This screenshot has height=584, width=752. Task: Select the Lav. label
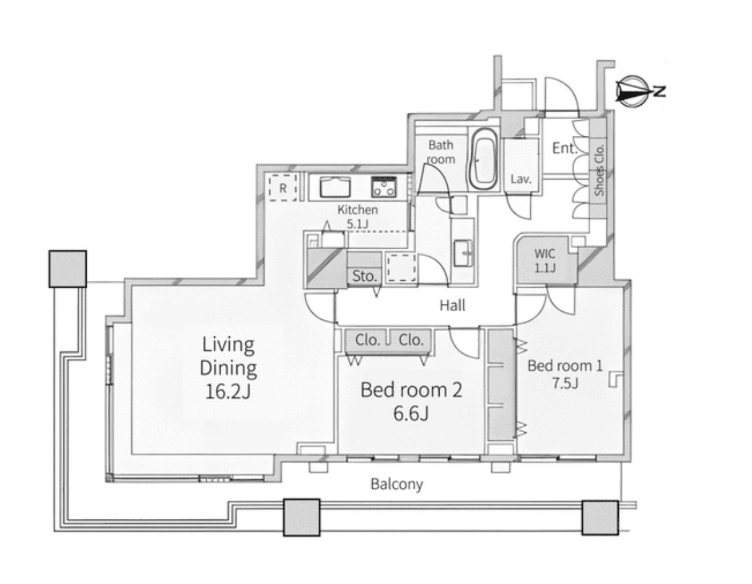click(x=521, y=179)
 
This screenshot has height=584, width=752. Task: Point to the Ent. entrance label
click(x=564, y=148)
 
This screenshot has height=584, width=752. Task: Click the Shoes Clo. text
click(x=600, y=170)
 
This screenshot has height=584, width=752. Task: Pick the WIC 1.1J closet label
click(x=545, y=260)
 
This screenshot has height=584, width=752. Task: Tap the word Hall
click(x=452, y=306)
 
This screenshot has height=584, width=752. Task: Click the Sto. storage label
click(x=364, y=276)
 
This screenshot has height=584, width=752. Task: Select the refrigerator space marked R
click(x=283, y=188)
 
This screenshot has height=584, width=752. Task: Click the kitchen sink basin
click(x=335, y=187)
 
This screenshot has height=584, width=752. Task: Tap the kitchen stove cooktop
click(x=384, y=187)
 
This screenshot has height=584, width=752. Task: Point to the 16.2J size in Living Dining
click(x=228, y=392)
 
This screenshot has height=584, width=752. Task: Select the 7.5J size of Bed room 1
click(x=565, y=384)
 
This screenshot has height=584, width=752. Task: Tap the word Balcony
click(x=396, y=484)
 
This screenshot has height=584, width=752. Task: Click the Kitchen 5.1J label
click(x=357, y=217)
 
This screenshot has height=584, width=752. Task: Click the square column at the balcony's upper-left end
click(x=68, y=269)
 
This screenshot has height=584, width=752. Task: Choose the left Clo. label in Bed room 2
click(x=367, y=340)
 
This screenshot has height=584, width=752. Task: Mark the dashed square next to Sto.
click(x=401, y=267)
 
